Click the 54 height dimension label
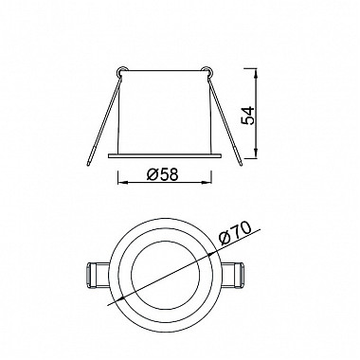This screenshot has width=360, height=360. pyautogui.click(x=247, y=116)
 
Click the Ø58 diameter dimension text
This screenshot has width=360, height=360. pyautogui.click(x=163, y=174)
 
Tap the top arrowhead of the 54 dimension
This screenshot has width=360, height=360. pyautogui.click(x=257, y=74)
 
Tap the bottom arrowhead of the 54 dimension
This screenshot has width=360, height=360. pyautogui.click(x=257, y=154)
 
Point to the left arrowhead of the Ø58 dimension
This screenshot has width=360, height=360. pyautogui.click(x=121, y=182)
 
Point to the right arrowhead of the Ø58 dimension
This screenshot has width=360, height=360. pyautogui.click(x=207, y=182)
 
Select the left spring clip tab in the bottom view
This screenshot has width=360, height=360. pyautogui.click(x=98, y=275)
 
